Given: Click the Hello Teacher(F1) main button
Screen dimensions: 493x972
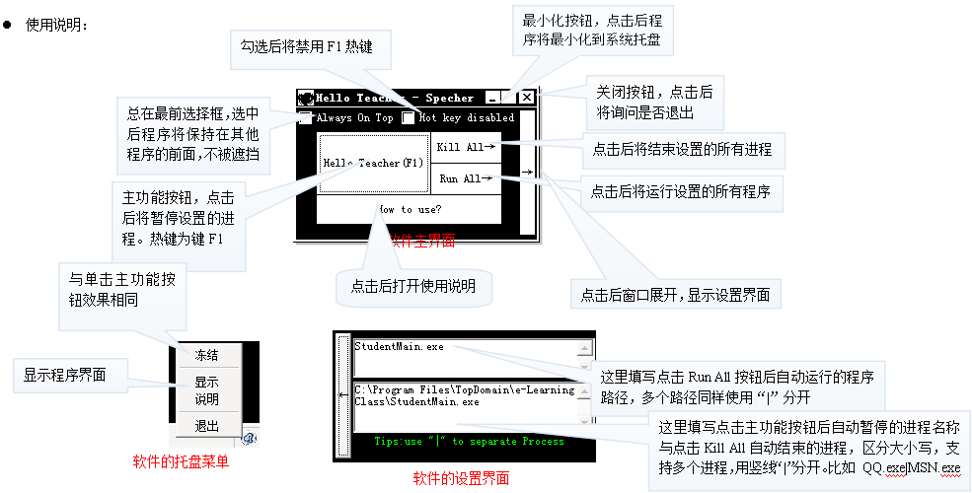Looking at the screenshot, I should (x=373, y=163).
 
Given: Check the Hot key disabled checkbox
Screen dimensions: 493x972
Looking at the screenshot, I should (x=408, y=118).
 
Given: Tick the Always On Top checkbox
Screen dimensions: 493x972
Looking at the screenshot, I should (x=307, y=118).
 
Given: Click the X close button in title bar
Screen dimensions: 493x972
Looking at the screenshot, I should (x=527, y=98).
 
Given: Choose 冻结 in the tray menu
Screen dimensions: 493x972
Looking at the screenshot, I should (x=206, y=355).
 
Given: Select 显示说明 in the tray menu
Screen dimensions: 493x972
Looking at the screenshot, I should (x=206, y=389).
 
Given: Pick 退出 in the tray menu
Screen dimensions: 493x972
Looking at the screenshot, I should (x=206, y=426).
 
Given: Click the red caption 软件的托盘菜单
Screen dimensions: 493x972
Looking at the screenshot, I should (x=181, y=460).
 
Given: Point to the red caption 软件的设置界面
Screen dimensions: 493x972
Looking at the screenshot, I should (x=461, y=479).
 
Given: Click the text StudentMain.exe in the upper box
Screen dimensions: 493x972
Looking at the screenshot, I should (x=400, y=347).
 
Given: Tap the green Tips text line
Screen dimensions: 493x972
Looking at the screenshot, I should (x=469, y=442).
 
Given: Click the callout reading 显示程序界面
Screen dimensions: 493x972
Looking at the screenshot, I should (x=69, y=375).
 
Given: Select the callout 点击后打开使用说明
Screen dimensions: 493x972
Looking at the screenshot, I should (x=413, y=287).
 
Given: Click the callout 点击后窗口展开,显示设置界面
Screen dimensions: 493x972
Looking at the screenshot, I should (x=676, y=294).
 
